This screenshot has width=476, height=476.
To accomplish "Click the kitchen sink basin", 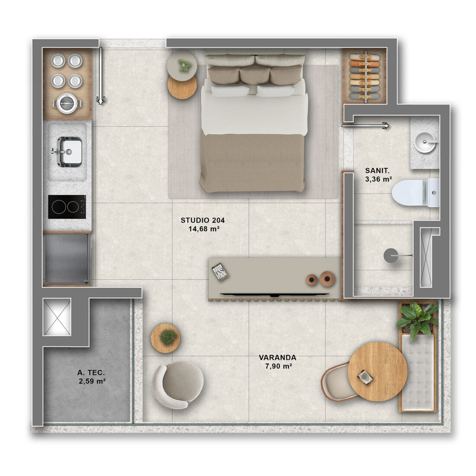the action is [x=70, y=152].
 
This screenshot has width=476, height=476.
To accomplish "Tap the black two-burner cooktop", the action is [x=67, y=207].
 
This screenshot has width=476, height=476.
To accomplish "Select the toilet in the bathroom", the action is [x=415, y=193].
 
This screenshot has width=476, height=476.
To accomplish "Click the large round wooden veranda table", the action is [x=377, y=371].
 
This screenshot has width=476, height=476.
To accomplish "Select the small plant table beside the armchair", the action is [x=165, y=338].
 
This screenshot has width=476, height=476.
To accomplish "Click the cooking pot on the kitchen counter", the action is [x=67, y=103].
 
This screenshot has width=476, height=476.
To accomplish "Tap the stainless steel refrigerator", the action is [x=67, y=259].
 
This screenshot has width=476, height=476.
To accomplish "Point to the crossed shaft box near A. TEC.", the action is [x=57, y=317].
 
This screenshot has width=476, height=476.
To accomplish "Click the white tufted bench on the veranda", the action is [x=418, y=372].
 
